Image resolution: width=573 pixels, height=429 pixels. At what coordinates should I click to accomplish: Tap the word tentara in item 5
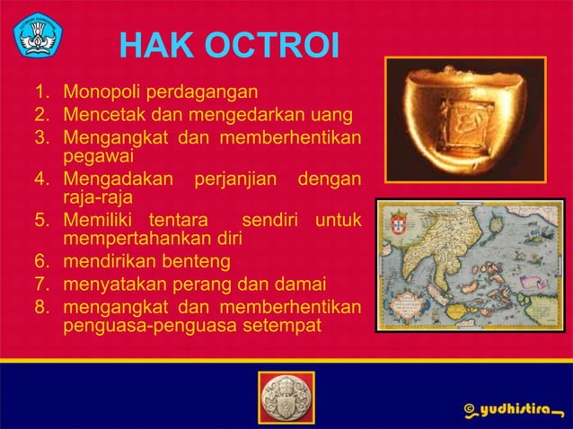(179, 220)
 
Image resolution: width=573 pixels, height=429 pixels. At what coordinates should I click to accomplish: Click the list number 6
(41, 262)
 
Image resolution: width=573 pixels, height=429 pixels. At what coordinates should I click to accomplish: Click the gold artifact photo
(465, 119)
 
